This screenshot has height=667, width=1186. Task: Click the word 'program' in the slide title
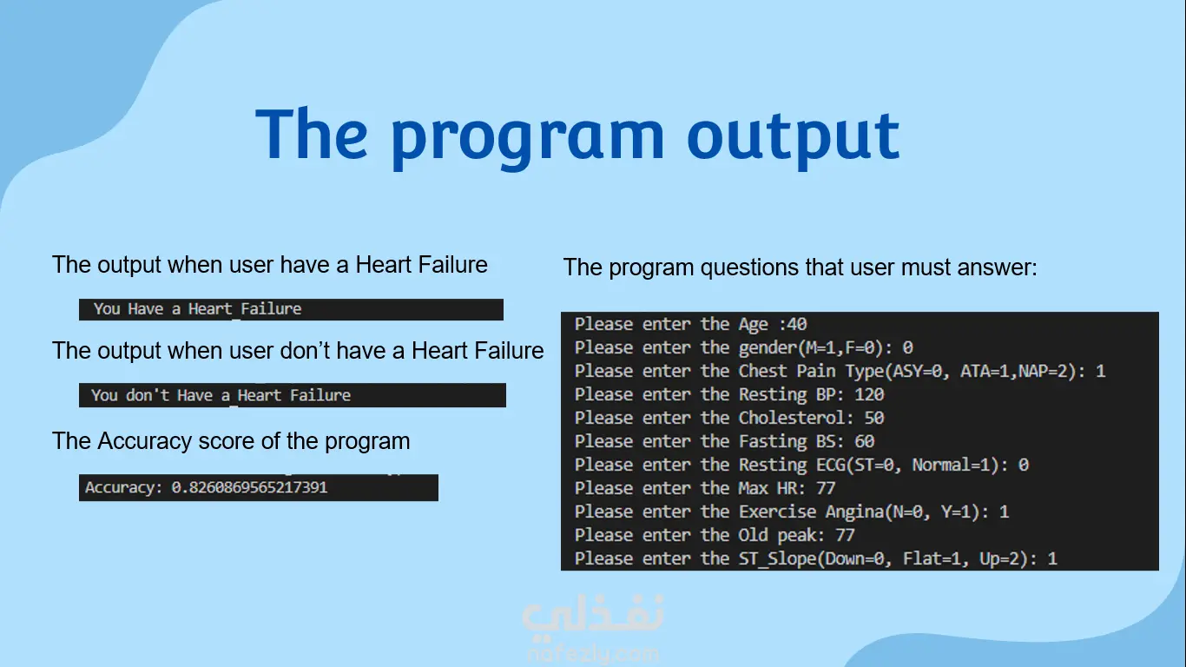528,139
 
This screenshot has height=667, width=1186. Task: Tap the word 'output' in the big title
794,138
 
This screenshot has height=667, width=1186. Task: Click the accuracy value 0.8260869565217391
249,487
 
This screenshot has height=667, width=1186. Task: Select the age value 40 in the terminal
797,324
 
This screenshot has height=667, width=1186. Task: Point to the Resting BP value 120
869,394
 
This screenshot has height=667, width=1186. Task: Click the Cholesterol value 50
874,418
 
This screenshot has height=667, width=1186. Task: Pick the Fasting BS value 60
864,441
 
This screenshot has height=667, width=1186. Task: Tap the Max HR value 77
826,487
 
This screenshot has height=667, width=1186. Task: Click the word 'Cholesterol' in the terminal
792,418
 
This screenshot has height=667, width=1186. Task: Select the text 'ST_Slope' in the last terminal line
777,558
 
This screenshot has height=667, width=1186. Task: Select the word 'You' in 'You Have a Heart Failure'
107,309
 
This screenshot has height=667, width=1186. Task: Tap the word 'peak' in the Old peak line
796,536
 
